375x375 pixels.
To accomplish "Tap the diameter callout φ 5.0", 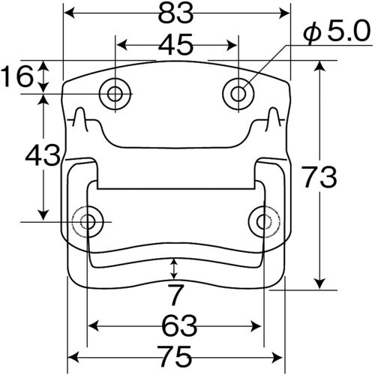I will [336, 31].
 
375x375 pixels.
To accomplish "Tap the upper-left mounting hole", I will [115, 94].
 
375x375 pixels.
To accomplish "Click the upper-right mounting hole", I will [238, 94].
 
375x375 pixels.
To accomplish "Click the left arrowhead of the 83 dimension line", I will [67, 13].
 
